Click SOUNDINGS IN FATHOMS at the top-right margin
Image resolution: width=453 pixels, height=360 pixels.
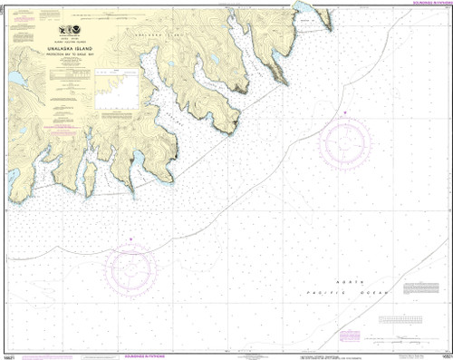click(421, 4)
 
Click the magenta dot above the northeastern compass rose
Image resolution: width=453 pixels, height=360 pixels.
click(345, 112)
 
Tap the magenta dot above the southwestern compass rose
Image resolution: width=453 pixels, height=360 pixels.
click(131, 239)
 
